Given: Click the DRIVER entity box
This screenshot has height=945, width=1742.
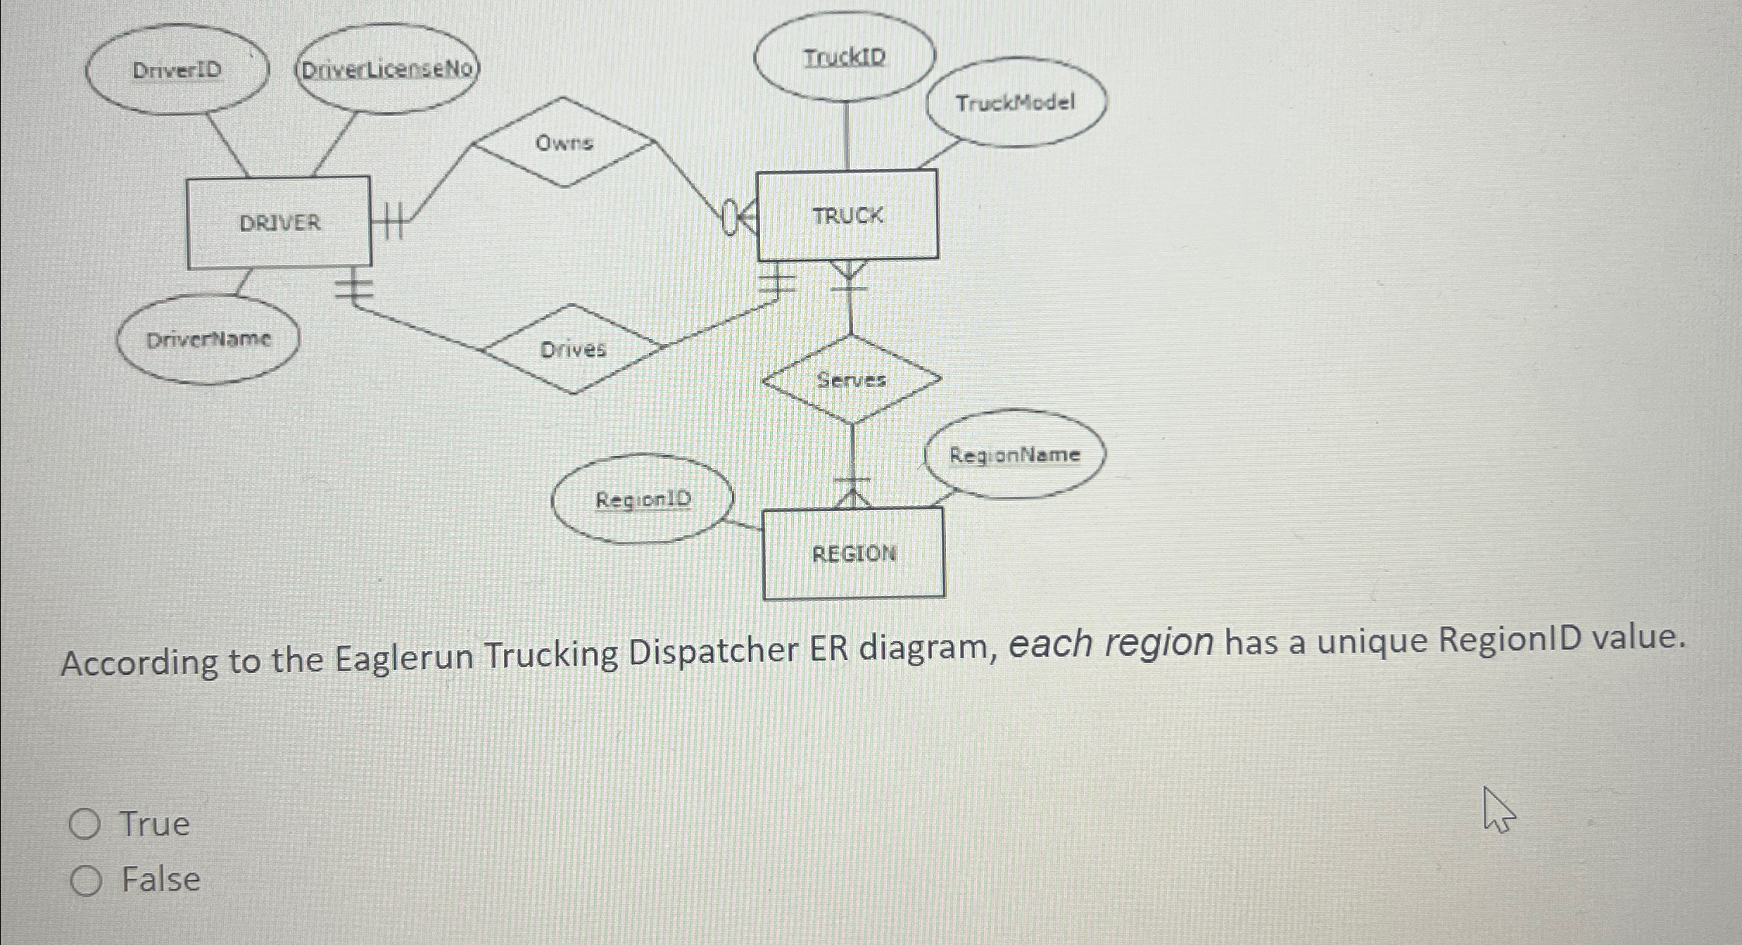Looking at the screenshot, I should (279, 222).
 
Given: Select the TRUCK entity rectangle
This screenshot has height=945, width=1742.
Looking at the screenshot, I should (847, 215).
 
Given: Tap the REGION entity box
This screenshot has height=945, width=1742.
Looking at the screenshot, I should (854, 553).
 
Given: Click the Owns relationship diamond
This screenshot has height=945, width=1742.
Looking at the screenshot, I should (564, 143).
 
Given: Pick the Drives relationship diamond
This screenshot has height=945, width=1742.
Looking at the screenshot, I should (573, 349).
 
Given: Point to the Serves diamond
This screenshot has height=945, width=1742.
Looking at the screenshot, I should (852, 380).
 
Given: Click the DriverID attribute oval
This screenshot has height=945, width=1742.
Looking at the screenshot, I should (177, 70).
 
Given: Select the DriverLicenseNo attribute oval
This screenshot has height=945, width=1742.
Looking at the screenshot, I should (386, 69).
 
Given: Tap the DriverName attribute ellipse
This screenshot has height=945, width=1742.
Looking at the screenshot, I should (208, 339).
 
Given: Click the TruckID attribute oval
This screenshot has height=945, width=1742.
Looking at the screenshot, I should (845, 57).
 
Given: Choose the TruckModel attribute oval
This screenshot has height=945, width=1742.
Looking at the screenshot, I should (1016, 103).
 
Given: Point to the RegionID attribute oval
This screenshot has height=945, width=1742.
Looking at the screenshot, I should (643, 499).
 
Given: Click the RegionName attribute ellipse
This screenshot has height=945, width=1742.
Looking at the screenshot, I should (1014, 455).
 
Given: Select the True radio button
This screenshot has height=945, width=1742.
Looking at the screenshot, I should (85, 824).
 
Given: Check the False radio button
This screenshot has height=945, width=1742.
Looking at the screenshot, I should (86, 881).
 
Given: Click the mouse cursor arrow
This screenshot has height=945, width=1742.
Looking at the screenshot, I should (1498, 811).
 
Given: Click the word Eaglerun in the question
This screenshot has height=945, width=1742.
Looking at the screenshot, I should (403, 657).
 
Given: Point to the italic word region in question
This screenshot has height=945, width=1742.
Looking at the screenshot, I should (1159, 642).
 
